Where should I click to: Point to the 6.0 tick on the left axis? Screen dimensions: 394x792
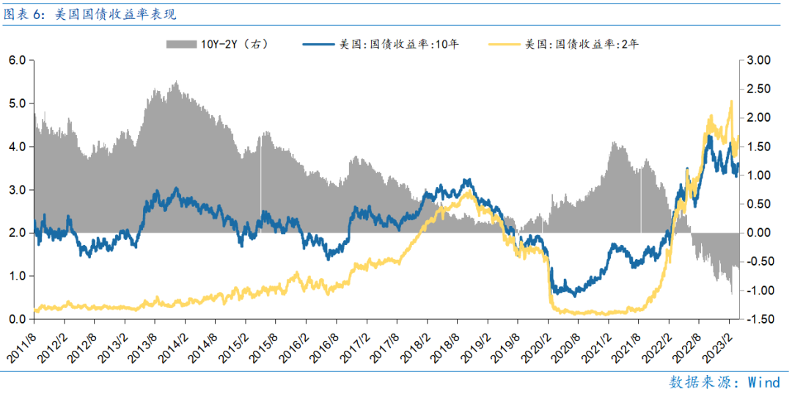(x=17, y=60)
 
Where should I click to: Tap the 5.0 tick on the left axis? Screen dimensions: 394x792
(x=17, y=103)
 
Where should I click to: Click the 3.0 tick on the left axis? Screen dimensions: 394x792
(x=17, y=190)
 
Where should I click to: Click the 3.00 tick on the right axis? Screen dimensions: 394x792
(x=763, y=60)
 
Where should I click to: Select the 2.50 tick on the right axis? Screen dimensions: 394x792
(x=763, y=89)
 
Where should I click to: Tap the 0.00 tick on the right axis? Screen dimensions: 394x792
(x=763, y=233)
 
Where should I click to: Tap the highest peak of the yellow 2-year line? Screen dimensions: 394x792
(x=731, y=101)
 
